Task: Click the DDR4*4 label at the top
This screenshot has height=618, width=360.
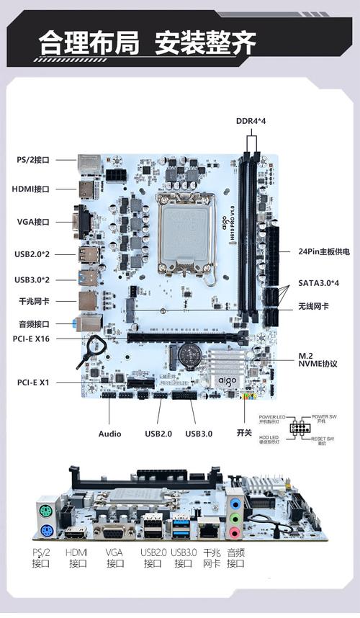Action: (x=251, y=121)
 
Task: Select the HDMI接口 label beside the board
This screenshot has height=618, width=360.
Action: (x=32, y=189)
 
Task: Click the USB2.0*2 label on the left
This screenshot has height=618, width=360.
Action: (x=32, y=254)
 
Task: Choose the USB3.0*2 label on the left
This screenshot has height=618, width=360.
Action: (x=32, y=279)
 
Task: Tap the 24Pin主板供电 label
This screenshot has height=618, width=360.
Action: (x=324, y=251)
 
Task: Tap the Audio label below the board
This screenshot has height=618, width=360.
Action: (x=110, y=434)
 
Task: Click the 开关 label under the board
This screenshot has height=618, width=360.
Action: (x=243, y=434)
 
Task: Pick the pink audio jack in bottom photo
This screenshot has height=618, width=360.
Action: (x=233, y=533)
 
